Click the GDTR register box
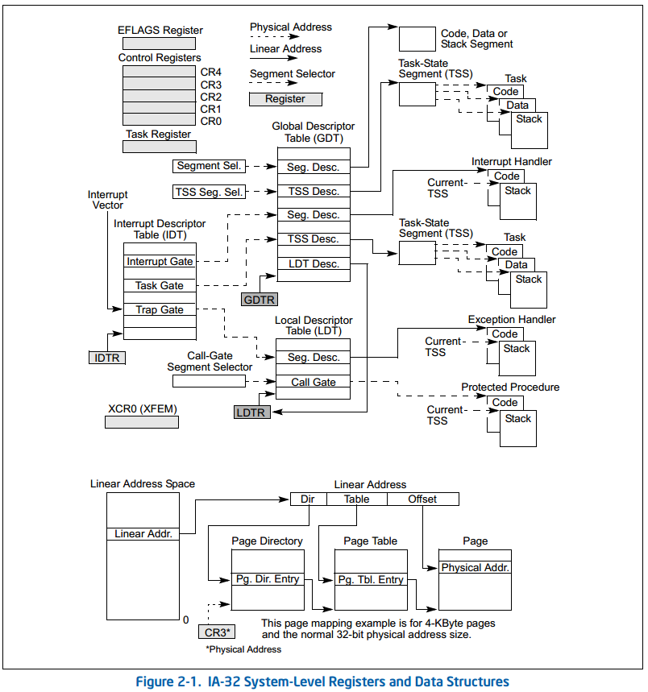[x=259, y=300]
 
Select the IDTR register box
[x=107, y=357]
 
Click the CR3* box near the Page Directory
[x=215, y=632]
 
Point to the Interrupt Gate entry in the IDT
[x=160, y=262]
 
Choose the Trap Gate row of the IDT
[x=160, y=310]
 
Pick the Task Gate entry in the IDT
[x=160, y=286]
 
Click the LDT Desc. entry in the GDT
[x=314, y=264]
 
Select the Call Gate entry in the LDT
[x=314, y=382]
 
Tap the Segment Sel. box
[x=209, y=166]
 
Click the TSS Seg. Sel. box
[x=209, y=192]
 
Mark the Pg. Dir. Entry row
[x=268, y=579]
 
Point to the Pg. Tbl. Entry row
[x=371, y=579]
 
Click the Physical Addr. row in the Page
[x=476, y=568]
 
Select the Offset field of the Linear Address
[x=422, y=499]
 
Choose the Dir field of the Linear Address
[x=308, y=499]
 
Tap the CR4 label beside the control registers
[x=211, y=73]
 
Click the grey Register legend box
[x=285, y=99]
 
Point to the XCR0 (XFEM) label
[x=142, y=409]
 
